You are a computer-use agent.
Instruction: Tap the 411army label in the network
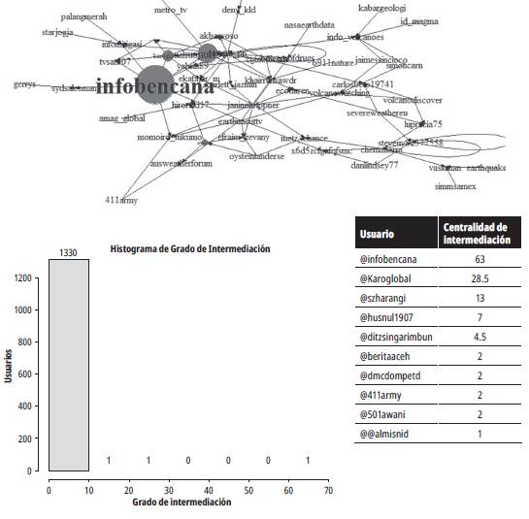coord(120,201)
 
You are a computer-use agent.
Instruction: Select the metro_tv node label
coord(171,10)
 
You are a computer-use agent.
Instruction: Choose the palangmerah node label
coord(84,16)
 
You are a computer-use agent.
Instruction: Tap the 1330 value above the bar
coord(68,252)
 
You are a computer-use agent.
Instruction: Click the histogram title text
coord(190,248)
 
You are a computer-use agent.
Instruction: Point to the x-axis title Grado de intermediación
coord(182,503)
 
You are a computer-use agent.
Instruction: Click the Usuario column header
coord(378,235)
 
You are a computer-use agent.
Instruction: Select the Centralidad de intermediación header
coord(477,235)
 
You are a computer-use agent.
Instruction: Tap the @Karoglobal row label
coord(389,280)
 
